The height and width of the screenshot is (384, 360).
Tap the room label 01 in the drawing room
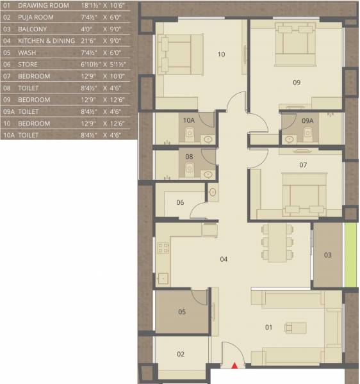(x=268, y=328)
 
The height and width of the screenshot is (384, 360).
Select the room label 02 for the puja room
(x=181, y=354)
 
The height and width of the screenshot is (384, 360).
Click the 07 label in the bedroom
(x=189, y=156)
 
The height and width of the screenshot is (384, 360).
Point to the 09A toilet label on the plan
(x=188, y=120)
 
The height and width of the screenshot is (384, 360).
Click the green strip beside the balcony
(x=349, y=255)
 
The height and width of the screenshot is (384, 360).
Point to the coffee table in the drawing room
(x=297, y=328)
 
